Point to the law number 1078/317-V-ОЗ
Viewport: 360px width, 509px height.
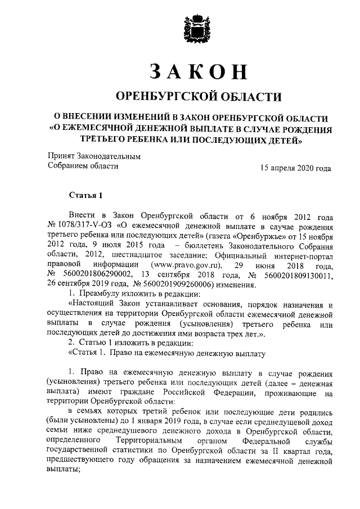(x=82, y=226)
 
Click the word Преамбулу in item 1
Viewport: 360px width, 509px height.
(x=102, y=294)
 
